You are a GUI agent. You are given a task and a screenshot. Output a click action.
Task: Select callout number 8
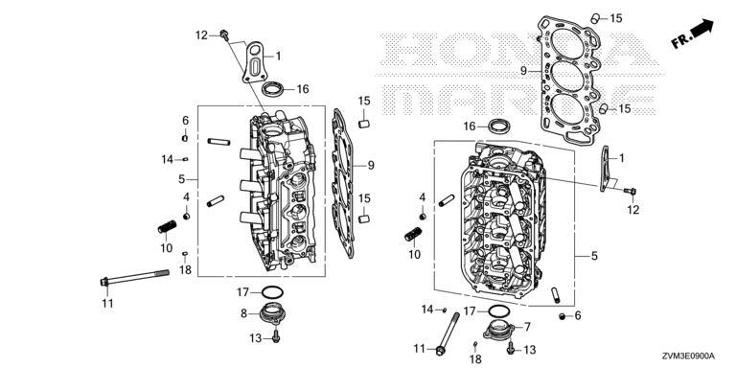click(243, 313)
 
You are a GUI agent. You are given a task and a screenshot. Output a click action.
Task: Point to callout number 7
click(527, 326)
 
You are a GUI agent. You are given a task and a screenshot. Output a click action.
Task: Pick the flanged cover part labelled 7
click(500, 329)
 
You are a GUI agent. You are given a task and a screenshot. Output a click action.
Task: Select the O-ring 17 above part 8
click(272, 293)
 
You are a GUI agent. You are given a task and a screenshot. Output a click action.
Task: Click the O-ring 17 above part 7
click(499, 310)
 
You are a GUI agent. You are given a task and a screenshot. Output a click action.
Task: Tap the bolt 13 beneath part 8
click(276, 335)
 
